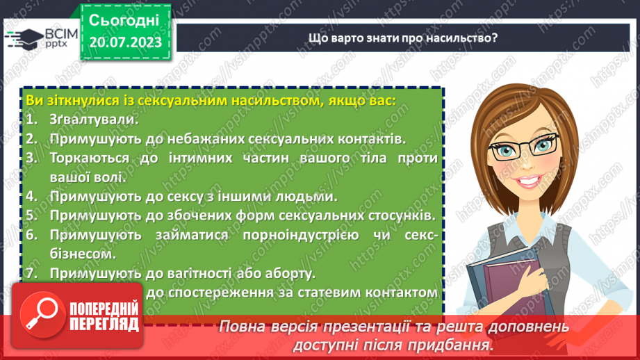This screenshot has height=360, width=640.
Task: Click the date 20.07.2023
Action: click(125, 43)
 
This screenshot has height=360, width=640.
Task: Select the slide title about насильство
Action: click(402, 38)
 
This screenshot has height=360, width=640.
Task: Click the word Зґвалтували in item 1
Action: click(90, 120)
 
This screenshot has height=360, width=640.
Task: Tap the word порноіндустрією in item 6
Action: click(300, 235)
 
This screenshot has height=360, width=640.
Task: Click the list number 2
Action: click(32, 139)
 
